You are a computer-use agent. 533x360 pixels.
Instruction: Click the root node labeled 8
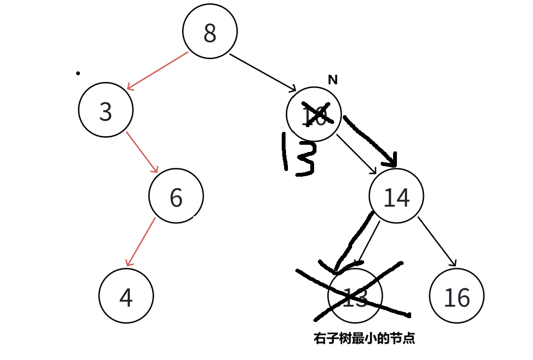pos(210,32)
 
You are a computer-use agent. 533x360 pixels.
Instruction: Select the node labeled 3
pos(106,110)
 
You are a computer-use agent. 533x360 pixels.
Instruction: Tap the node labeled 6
pos(176,196)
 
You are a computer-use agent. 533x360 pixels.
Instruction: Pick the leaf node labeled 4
pos(126,296)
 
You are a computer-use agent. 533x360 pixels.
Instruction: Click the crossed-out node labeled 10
pos(314,114)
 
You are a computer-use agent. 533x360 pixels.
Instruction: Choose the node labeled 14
pos(396,196)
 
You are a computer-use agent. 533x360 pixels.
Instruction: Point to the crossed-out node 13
pos(355,296)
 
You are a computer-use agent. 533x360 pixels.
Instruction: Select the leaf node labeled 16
pos(457,296)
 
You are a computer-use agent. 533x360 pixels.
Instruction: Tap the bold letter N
pos(333,80)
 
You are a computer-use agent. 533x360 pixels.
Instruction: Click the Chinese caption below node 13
pos(364,339)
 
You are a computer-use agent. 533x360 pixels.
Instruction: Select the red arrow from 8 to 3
pos(158,71)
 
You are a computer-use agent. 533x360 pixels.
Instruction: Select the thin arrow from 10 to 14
pos(356,154)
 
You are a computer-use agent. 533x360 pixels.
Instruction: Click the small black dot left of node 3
pos(78,74)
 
